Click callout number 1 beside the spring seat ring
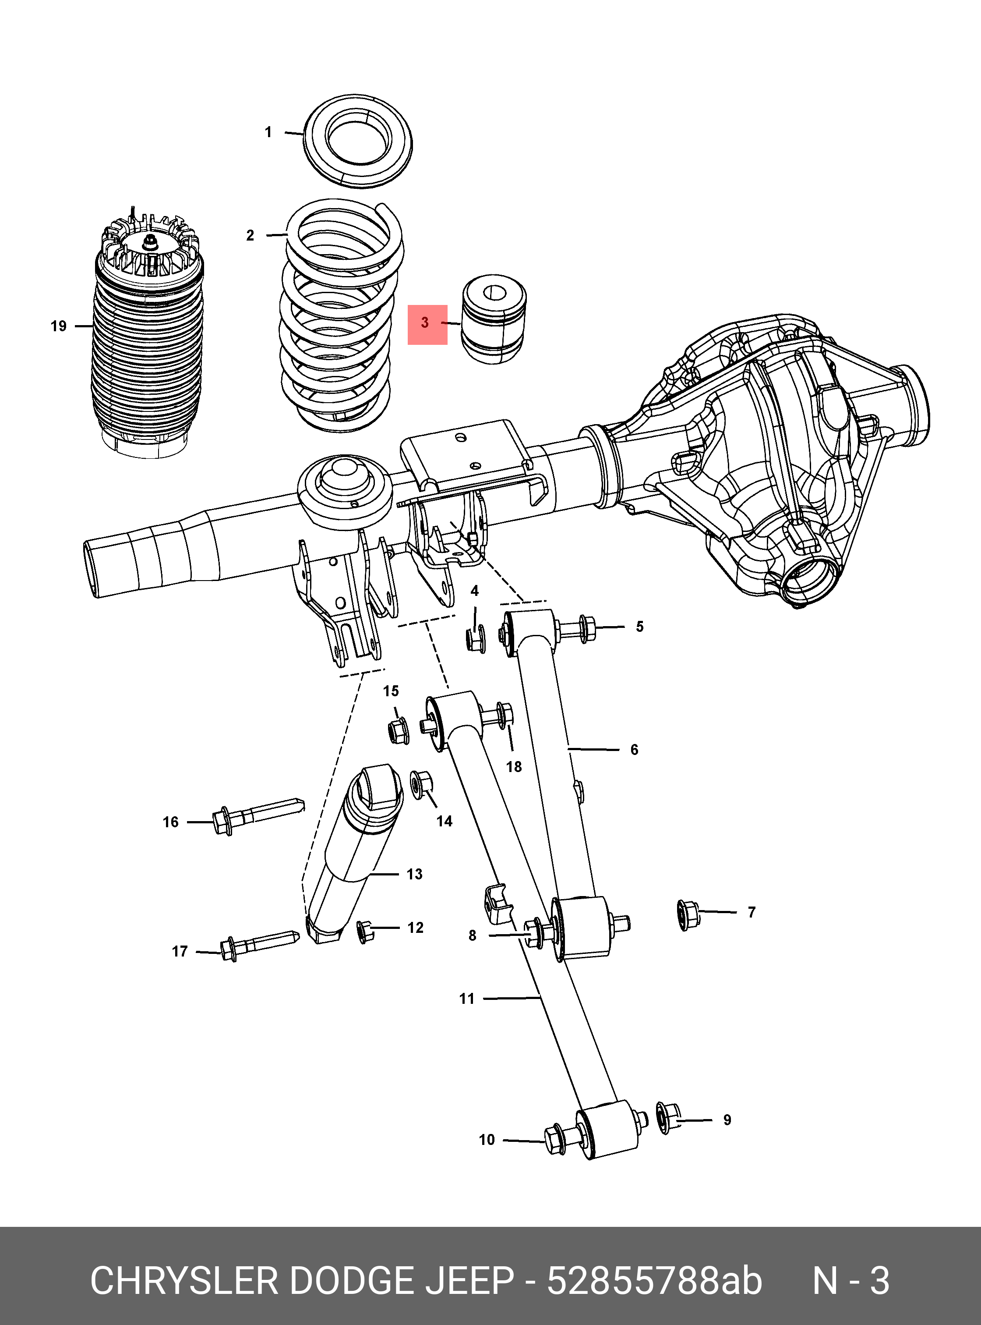(x=268, y=132)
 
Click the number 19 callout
(x=58, y=326)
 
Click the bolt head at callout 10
(x=554, y=1139)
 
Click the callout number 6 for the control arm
(x=634, y=750)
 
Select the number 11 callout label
(x=467, y=999)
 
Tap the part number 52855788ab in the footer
(x=654, y=1281)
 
